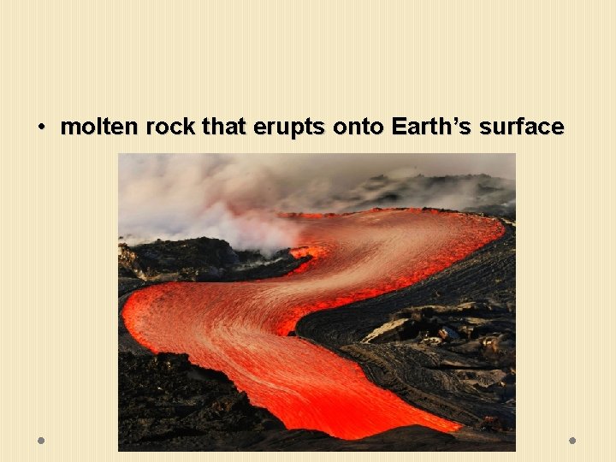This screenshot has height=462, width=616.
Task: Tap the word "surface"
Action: pos(522,127)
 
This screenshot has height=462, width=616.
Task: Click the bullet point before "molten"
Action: pos(40,128)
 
